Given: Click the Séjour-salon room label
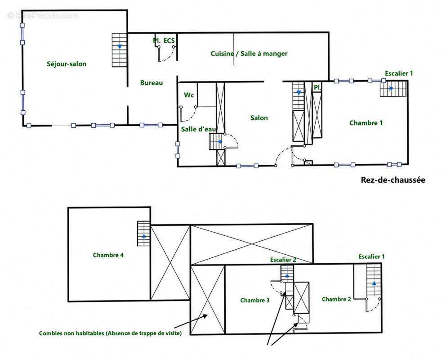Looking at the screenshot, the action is tap(67, 64).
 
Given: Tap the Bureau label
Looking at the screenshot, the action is tap(152, 83).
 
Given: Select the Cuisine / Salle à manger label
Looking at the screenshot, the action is tap(249, 54).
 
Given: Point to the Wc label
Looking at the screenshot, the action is tap(189, 95).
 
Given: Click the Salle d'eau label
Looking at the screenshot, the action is tap(198, 129).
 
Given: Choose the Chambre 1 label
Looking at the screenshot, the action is tap(366, 123).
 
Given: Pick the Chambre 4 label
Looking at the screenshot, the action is tap(108, 255).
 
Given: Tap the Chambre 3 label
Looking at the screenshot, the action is tap(255, 300).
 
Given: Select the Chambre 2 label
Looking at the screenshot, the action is tap(336, 299).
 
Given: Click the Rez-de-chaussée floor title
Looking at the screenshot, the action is tap(393, 180).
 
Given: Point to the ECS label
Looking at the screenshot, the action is tap(169, 40).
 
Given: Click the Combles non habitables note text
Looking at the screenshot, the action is tap(110, 333).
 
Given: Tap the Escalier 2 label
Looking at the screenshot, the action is tap(283, 260).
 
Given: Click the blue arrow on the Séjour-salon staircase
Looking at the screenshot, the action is tap(120, 46).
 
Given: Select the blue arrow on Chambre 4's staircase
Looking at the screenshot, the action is tap(144, 236).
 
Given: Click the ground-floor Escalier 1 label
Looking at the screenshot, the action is tap(399, 73).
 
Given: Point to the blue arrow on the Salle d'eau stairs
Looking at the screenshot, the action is tap(220, 142).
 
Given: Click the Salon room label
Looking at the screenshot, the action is tap(259, 118).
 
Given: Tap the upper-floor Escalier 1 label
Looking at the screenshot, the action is tap(371, 257).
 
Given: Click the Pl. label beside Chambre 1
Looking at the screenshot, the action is tap(317, 88).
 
